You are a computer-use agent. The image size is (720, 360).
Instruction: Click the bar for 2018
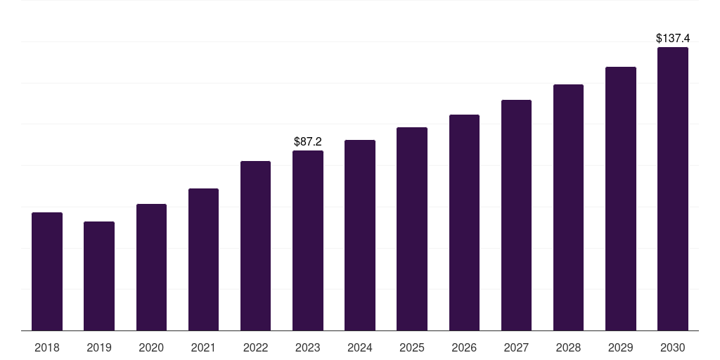coord(47,271)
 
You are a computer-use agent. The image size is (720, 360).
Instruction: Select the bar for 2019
coord(99,276)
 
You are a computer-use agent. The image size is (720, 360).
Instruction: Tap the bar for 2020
coord(151,267)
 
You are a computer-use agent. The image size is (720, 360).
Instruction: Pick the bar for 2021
coord(203,259)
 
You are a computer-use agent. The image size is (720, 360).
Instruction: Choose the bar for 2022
coord(255,245)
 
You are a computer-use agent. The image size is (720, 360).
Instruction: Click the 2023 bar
coord(308,240)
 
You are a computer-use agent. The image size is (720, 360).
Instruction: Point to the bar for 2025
coord(412,229)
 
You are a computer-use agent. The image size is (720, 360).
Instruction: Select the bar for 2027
coord(516,215)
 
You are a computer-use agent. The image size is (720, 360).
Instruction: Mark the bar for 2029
coord(620,199)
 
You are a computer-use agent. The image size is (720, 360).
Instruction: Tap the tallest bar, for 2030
coord(673,188)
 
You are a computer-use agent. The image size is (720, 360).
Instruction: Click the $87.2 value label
coord(308,141)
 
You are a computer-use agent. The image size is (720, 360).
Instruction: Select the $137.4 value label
coord(673,38)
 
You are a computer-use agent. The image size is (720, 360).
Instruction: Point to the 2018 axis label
coord(47,347)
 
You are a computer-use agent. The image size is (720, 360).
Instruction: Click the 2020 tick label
coord(151,347)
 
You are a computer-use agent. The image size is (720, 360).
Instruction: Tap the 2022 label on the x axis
coord(255,347)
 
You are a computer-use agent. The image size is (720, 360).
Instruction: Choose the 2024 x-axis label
coord(359,347)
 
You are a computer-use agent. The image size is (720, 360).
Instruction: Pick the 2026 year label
coord(464,347)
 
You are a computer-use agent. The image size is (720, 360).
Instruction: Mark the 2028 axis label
coord(568,347)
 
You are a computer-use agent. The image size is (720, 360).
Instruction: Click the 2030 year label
coord(673,347)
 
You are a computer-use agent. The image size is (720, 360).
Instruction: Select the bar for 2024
coord(359,235)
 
